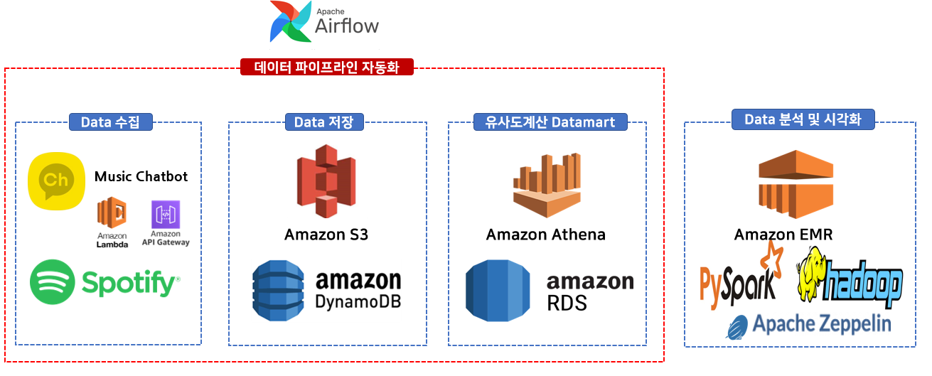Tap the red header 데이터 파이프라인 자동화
[326, 68]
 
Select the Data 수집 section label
[112, 122]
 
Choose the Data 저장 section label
[324, 122]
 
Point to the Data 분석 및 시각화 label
[803, 119]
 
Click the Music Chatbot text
[141, 176]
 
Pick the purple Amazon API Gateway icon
[166, 214]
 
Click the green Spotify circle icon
[53, 282]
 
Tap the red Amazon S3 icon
[326, 181]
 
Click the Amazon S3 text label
[326, 234]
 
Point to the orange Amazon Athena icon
[546, 184]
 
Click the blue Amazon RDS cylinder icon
[498, 291]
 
